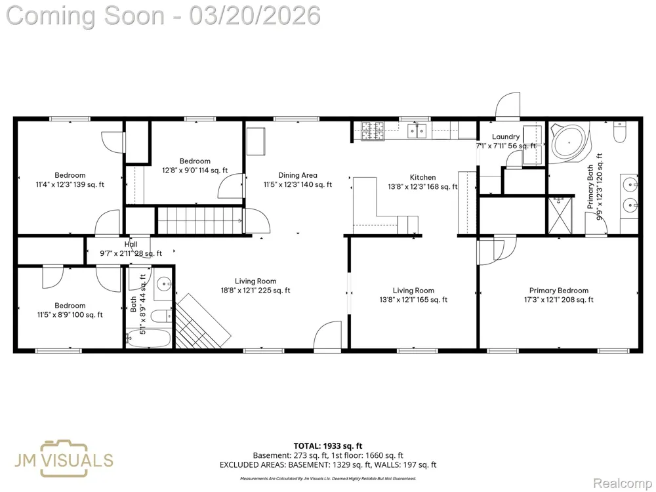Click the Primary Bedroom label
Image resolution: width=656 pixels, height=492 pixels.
(558, 295)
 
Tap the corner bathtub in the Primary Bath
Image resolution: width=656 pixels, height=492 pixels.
(569, 142)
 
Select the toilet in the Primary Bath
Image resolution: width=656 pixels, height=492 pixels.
(619, 132)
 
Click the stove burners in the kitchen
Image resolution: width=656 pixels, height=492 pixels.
(373, 131)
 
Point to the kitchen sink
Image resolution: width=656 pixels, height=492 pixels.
(417, 131)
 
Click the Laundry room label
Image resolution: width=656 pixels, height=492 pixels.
(506, 141)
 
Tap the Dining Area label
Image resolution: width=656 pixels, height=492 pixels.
(297, 180)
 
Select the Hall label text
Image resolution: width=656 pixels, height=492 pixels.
(131, 244)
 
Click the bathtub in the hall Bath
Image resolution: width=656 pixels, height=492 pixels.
(149, 338)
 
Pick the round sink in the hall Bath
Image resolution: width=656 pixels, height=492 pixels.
(163, 285)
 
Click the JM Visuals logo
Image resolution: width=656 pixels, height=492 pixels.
(64, 459)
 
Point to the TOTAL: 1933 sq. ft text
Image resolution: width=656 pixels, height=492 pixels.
(328, 446)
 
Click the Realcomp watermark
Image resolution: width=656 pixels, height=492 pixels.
(623, 483)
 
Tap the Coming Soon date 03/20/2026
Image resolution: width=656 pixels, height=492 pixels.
(255, 16)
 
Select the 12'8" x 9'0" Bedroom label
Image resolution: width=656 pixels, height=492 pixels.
(195, 166)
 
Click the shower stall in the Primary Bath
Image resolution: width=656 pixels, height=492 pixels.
(560, 215)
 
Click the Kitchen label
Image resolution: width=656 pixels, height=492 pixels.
(422, 182)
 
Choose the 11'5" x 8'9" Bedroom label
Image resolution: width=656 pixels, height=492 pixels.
(70, 310)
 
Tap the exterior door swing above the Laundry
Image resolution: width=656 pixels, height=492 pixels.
(508, 105)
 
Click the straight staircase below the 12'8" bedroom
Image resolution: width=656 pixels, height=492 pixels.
(199, 220)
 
